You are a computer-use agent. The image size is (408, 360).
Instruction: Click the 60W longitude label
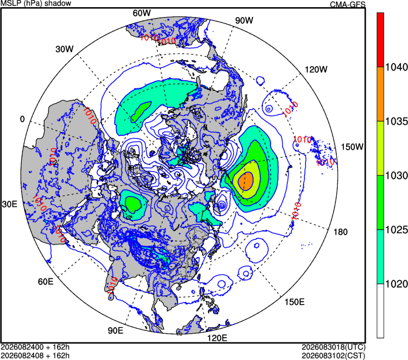141,13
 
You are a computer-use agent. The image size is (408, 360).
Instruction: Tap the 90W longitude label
244,20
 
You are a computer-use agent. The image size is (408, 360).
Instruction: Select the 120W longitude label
316,69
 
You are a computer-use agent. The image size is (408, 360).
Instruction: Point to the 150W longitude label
352,147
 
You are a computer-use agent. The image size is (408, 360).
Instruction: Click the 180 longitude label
340,232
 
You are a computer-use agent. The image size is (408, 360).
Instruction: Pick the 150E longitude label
294,302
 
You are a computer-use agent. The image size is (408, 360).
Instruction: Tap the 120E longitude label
217,338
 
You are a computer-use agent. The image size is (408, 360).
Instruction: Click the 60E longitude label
46,282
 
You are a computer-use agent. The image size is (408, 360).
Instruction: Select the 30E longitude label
9,204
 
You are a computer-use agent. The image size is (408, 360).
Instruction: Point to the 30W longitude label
65,49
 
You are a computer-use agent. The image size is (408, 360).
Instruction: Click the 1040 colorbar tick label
396,67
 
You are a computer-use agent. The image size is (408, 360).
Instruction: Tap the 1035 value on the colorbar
396,122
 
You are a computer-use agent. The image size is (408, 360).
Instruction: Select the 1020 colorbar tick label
396,284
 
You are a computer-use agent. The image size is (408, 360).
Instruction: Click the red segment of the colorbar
380,40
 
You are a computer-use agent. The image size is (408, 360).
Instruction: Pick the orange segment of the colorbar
380,94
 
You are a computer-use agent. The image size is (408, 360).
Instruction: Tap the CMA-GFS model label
348,4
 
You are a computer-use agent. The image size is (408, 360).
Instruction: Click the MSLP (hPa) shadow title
36,3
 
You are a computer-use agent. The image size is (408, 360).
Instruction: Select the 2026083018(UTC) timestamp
334,347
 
